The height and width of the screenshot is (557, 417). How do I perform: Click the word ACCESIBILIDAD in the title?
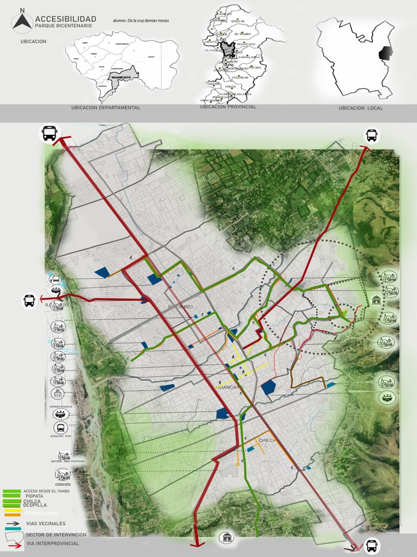[65, 19]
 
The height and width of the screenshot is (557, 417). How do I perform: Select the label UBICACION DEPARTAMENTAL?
[106, 108]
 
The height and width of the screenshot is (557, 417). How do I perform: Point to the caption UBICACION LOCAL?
[361, 108]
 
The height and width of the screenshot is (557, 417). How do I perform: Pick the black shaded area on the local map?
[385, 53]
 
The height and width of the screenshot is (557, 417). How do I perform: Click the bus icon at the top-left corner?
[49, 133]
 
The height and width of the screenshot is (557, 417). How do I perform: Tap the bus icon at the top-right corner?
[371, 135]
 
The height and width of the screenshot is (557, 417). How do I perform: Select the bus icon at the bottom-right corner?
[371, 545]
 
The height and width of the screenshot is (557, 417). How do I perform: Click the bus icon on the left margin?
[29, 300]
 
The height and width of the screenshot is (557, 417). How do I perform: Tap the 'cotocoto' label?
[62, 484]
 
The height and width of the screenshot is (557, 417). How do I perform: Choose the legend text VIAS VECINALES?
[46, 523]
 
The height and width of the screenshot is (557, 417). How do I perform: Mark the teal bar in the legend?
[12, 528]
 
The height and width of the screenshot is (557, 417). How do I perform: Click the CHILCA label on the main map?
[268, 440]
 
